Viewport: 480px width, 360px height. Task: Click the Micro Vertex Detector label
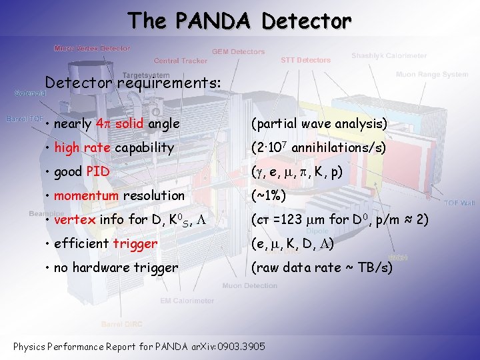tap(92, 49)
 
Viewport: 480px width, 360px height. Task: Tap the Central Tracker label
tap(181, 61)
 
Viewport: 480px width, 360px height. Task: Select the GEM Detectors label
tap(238, 51)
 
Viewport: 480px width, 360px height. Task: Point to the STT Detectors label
tap(305, 60)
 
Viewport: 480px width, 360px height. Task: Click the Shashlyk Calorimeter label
tap(389, 55)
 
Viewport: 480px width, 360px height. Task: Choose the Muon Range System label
tap(431, 75)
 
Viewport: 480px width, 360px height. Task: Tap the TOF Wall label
tap(460, 203)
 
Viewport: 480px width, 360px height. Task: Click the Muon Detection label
tap(250, 286)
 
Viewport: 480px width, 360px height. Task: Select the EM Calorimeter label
tap(187, 301)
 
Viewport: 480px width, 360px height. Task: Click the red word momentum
tap(85, 195)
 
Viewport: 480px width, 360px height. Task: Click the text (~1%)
tap(269, 195)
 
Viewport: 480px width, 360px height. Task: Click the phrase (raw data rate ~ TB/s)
tap(321, 267)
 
